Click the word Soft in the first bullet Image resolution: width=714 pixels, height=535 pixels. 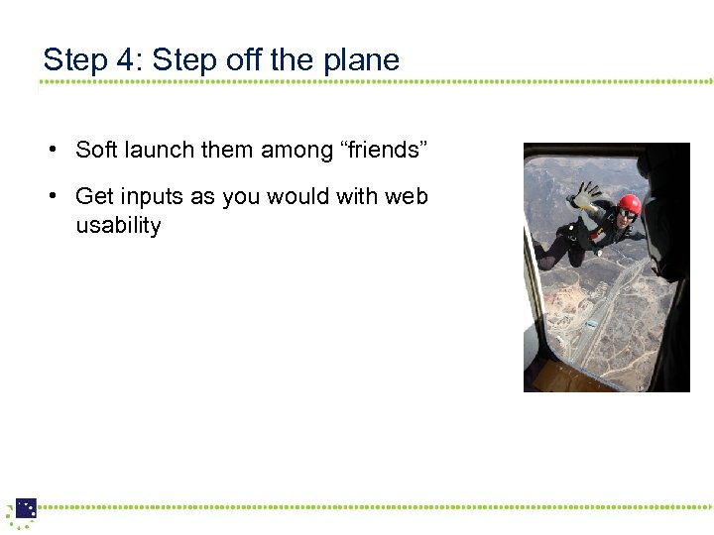[96, 150]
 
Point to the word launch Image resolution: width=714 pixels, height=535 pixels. [160, 150]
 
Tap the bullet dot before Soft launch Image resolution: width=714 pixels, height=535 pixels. [49, 151]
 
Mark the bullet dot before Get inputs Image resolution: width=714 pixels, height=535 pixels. [49, 196]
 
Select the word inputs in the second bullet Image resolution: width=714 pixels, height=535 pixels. [150, 196]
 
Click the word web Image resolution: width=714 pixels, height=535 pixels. [407, 196]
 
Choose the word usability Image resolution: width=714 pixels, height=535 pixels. [118, 226]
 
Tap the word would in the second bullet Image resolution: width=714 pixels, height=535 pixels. [298, 196]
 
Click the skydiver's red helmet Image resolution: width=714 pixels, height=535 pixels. [628, 204]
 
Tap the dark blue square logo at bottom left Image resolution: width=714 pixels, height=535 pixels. [26, 508]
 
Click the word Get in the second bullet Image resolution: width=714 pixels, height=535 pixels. [93, 196]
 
